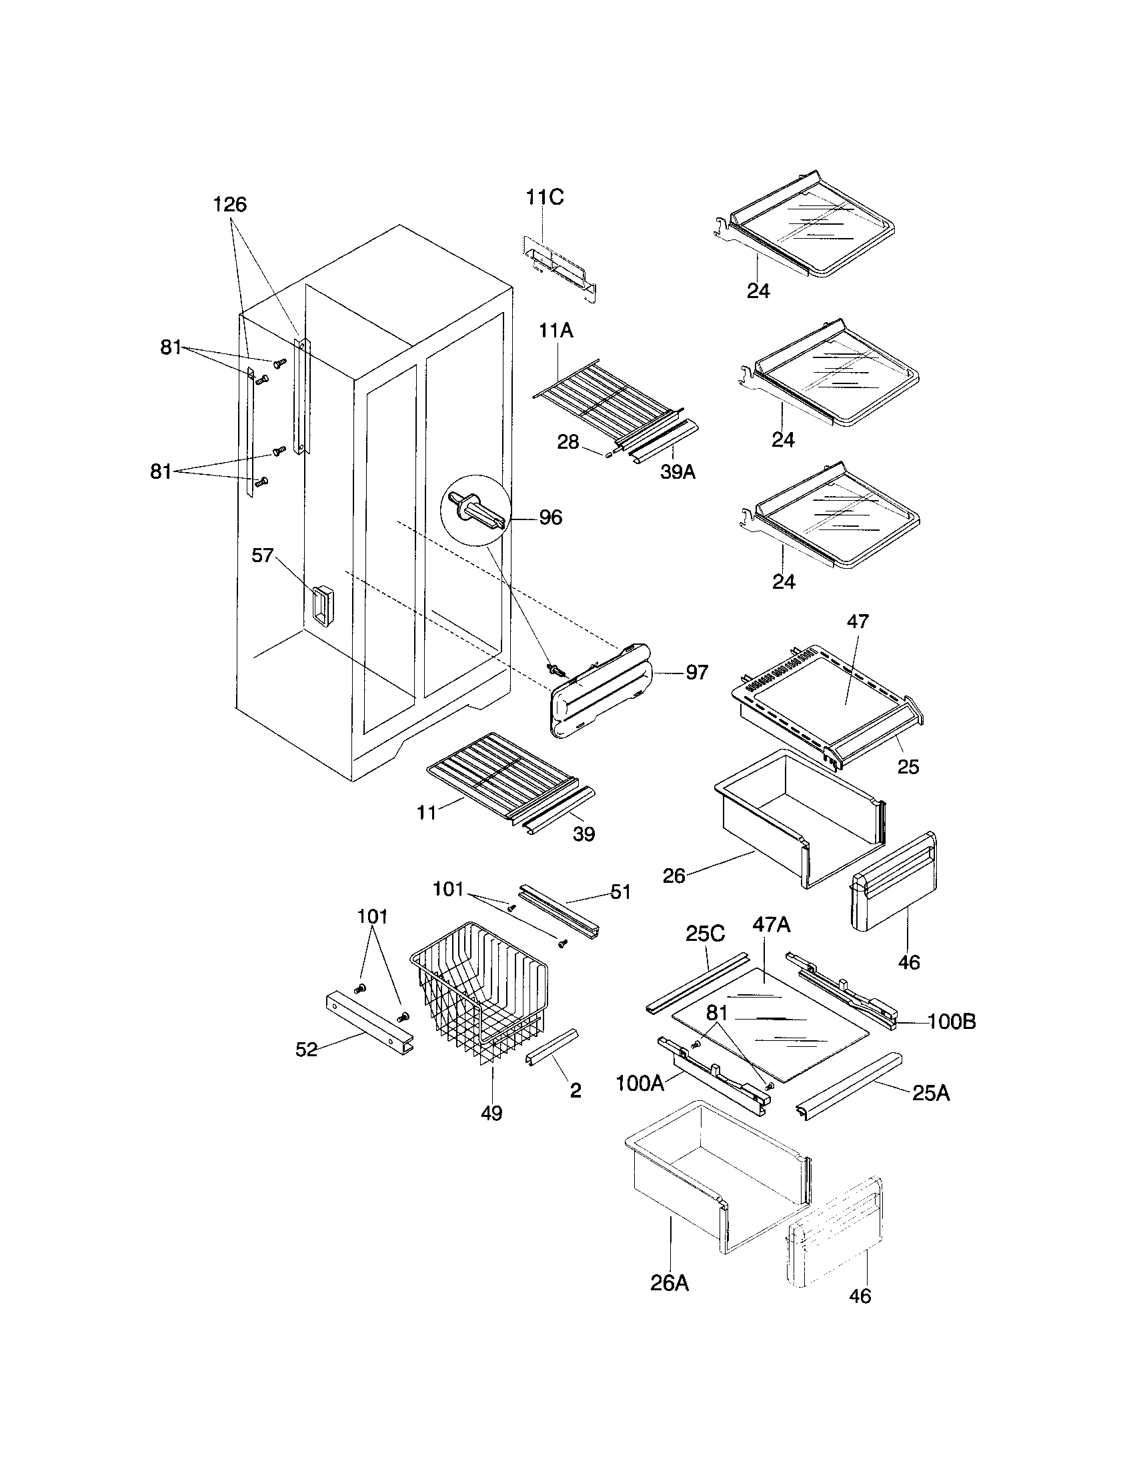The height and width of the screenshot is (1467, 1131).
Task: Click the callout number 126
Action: pos(229,204)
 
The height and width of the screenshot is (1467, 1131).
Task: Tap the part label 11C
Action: pos(544,197)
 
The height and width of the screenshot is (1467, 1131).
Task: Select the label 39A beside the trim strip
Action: pos(678,472)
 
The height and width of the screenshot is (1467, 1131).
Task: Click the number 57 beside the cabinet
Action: pos(263,555)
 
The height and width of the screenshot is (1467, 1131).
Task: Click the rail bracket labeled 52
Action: pos(369,1025)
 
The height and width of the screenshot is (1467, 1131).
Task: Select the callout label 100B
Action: pos(952,1022)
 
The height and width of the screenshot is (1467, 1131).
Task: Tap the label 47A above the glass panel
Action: pos(771,925)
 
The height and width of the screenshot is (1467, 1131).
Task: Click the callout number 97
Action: pos(696,671)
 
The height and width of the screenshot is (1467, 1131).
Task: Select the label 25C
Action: pos(705,934)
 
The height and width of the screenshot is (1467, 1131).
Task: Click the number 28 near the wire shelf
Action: pos(568,442)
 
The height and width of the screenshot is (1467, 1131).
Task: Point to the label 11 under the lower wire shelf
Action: pos(427,813)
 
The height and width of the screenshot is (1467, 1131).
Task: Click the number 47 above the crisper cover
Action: pos(858,621)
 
